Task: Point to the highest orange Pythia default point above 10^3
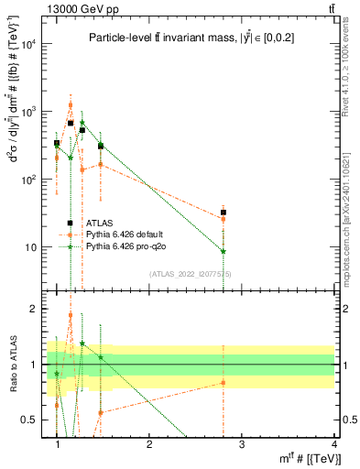pos(71,104)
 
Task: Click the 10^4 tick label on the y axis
pos(29,44)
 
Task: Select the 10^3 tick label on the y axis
pos(29,112)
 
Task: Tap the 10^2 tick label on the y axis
pos(29,180)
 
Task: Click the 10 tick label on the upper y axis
pos(33,247)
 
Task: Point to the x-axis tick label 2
pos(149,443)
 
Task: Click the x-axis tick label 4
pos(333,443)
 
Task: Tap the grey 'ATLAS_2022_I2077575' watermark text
pos(182,273)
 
